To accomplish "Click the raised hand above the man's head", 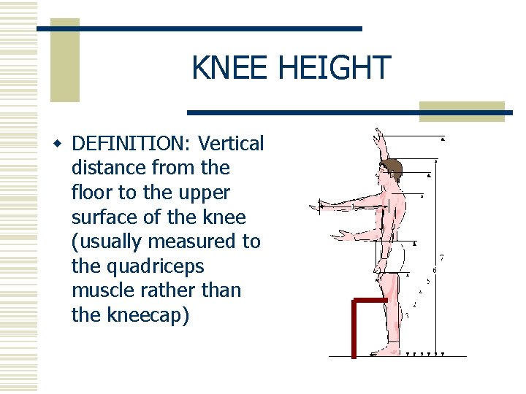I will click(x=378, y=136).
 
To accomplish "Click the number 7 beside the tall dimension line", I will click(x=441, y=258).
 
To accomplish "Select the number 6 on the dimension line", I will click(x=435, y=271).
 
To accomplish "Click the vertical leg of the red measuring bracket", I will click(x=354, y=328).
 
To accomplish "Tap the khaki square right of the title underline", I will click(x=462, y=111).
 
